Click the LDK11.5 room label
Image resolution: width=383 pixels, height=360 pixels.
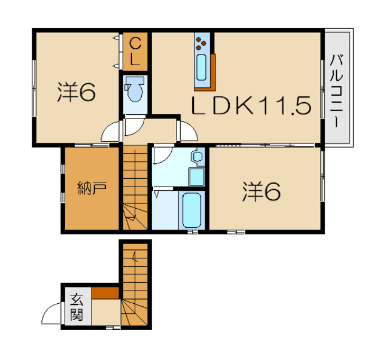[251, 106]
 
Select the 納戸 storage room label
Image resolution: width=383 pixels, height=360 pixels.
[92, 190]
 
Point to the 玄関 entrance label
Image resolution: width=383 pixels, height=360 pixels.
[76, 306]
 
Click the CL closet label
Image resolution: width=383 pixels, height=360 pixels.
[136, 51]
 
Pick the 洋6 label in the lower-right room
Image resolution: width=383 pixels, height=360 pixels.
[262, 191]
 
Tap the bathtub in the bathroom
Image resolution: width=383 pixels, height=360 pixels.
[191, 209]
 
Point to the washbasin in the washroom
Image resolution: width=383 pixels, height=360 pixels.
[197, 157]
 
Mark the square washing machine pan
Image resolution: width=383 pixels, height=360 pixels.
[196, 177]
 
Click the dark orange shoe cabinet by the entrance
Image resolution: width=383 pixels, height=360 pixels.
[105, 293]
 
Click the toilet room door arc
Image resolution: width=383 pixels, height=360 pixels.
[135, 127]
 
